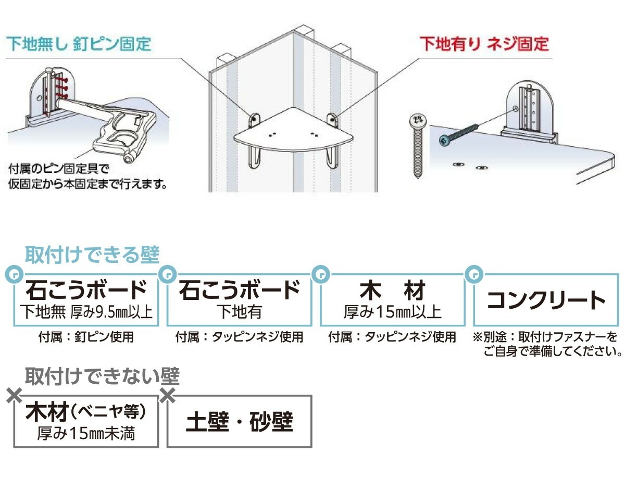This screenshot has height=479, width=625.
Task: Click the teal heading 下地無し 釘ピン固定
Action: tap(79, 44)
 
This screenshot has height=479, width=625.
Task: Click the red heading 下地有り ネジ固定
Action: tap(484, 44)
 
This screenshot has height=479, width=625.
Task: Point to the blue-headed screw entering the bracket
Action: tap(459, 134)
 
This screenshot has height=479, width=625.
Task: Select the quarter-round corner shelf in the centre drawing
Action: tap(293, 130)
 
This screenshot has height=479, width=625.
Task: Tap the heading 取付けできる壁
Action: tap(92, 255)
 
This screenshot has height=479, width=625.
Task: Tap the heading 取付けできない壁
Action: tap(103, 376)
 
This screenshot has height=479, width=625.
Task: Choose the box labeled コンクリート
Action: tap(546, 300)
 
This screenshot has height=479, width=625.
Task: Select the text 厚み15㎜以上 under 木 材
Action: tap(393, 312)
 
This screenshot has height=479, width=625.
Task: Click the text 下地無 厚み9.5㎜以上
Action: tap(86, 312)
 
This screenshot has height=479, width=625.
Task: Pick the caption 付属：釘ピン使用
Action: tap(86, 337)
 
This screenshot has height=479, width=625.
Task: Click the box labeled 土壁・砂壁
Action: tap(239, 422)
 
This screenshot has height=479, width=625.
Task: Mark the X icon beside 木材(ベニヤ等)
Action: tap(15, 396)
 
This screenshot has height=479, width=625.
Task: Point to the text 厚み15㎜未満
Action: tap(86, 434)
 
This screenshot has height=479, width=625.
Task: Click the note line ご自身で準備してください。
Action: tap(553, 351)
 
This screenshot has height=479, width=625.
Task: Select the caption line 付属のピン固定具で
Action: tap(59, 169)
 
